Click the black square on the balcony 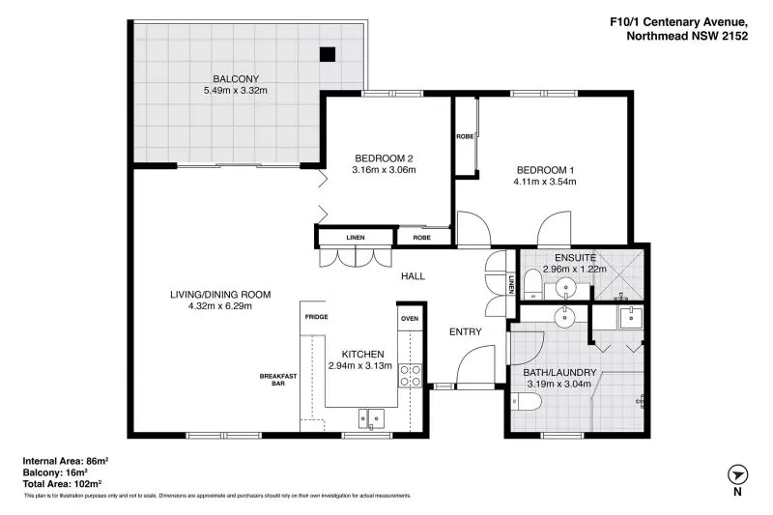click(x=328, y=54)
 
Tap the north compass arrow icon click(x=737, y=475)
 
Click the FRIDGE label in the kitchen click(x=317, y=317)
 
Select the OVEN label click(x=410, y=319)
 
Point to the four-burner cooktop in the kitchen click(x=410, y=375)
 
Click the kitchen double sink click(x=371, y=418)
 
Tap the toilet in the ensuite click(x=532, y=284)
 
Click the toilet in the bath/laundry click(x=527, y=402)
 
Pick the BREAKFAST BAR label click(x=278, y=380)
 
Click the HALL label click(x=414, y=276)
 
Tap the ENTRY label click(x=466, y=332)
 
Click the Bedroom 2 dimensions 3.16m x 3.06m click(x=384, y=170)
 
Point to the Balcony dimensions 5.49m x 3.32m click(x=236, y=91)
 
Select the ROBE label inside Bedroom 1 click(x=465, y=136)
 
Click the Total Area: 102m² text click(x=62, y=484)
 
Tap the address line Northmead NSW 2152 click(x=687, y=36)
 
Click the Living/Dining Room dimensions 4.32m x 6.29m click(x=220, y=306)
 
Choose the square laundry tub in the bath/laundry click(x=631, y=317)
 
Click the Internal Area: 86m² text click(x=66, y=461)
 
